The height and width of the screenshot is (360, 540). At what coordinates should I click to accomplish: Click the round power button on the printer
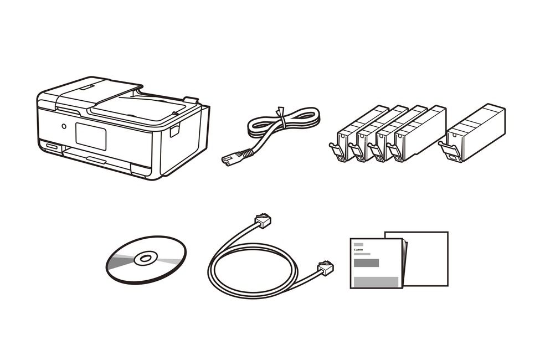(64, 126)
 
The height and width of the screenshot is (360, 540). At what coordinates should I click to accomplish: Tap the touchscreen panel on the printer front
(91, 136)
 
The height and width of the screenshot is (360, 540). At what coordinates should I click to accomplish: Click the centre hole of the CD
(146, 258)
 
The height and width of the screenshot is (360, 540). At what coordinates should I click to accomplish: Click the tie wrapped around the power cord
(282, 117)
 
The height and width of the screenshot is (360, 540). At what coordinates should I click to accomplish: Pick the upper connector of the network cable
(263, 220)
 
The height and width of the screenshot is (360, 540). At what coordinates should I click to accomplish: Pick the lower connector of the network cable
(326, 268)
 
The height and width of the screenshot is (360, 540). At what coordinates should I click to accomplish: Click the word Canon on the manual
(358, 249)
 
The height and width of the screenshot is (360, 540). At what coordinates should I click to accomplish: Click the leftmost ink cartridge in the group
(358, 135)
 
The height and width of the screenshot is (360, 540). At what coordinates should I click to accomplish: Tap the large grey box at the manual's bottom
(376, 281)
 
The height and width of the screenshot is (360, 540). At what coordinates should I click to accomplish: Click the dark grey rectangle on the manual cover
(366, 263)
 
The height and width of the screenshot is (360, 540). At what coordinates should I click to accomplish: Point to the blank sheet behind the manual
(427, 259)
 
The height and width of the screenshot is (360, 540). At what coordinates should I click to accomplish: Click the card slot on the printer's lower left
(53, 146)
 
